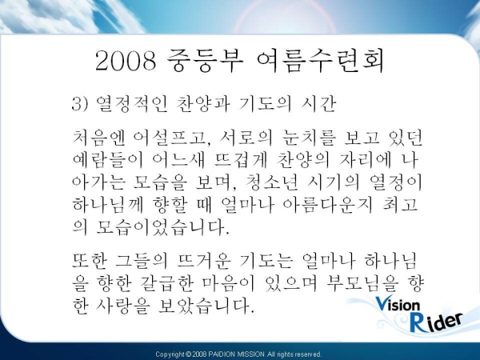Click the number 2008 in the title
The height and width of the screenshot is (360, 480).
point(126,61)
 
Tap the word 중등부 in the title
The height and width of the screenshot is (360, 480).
point(205,60)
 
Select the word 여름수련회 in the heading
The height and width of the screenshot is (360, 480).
point(320,60)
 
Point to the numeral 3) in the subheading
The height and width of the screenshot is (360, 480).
point(79,104)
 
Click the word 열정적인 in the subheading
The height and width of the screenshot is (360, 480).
point(132,104)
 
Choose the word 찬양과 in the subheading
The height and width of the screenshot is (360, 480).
point(203,104)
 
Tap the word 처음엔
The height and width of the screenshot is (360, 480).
point(99,138)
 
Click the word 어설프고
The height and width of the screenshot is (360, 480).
point(170,138)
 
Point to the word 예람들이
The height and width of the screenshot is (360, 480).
point(108,160)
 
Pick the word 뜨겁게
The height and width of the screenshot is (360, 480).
point(240,160)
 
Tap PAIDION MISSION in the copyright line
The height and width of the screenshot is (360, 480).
point(236,354)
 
